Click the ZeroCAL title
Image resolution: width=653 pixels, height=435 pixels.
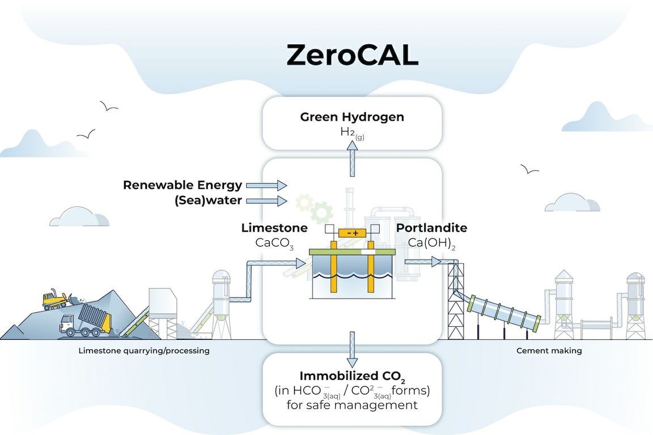(352, 56)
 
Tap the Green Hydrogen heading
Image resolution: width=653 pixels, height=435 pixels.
(352, 117)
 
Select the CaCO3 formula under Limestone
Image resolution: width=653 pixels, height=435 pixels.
(274, 243)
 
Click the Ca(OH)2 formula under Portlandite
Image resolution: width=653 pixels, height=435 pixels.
(431, 242)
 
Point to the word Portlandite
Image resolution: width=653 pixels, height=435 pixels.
(431, 228)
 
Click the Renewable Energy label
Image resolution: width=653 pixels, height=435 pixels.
(183, 185)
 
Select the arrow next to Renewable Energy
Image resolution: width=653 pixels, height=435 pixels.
(275, 185)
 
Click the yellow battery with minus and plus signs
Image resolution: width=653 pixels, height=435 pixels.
(352, 233)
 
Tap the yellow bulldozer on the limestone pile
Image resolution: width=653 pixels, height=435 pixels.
(56, 300)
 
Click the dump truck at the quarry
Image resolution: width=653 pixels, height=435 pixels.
(85, 322)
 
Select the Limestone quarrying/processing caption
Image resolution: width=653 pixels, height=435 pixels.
(144, 351)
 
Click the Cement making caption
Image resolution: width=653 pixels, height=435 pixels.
(549, 351)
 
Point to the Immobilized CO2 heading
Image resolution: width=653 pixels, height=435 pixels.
(352, 377)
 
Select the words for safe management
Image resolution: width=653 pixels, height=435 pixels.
(352, 405)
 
